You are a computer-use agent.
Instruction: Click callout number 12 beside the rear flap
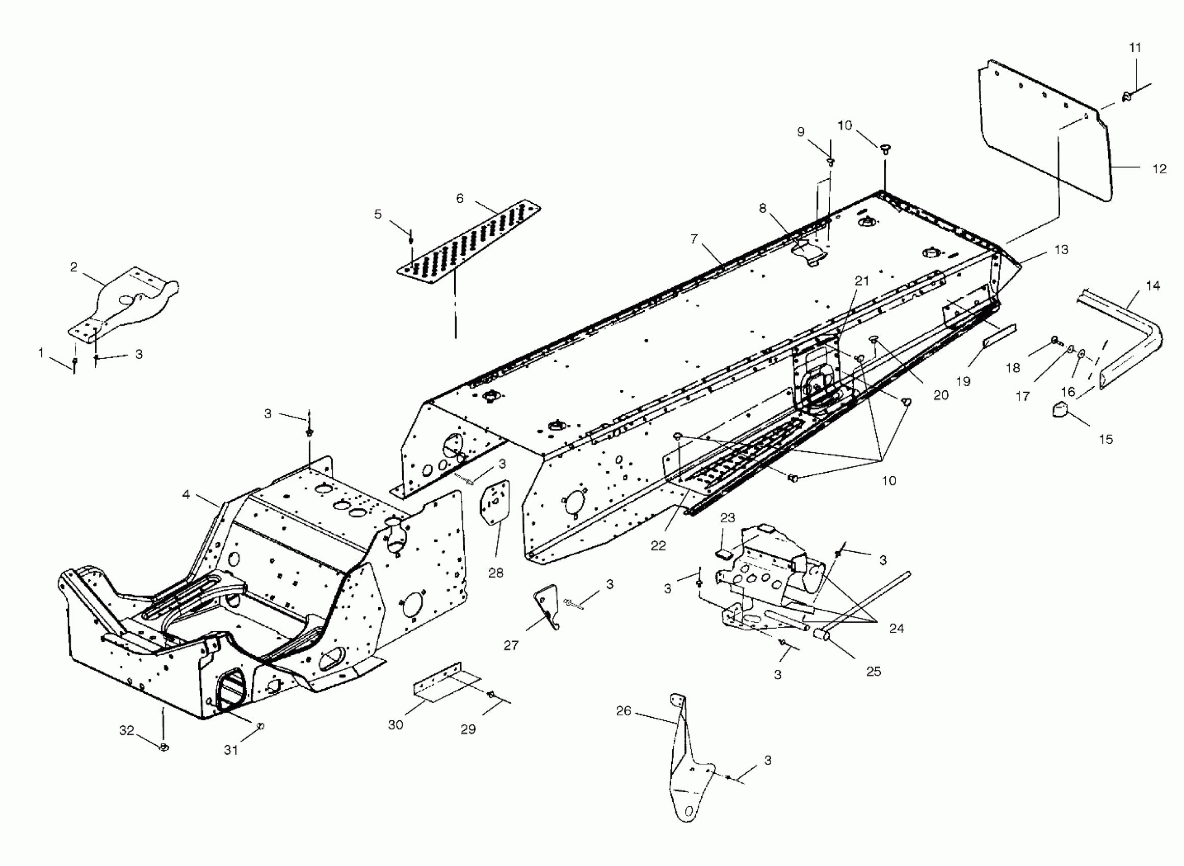click(x=1160, y=169)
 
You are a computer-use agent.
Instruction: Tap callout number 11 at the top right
click(x=1135, y=48)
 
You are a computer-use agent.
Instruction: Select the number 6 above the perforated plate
click(x=460, y=199)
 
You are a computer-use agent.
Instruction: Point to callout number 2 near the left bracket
click(x=74, y=267)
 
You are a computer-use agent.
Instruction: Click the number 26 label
click(x=623, y=711)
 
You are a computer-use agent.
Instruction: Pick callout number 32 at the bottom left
click(x=127, y=731)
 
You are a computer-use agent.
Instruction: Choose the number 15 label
click(x=1106, y=439)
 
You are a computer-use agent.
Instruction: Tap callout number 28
click(x=495, y=573)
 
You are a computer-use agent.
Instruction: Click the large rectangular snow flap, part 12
click(x=1043, y=137)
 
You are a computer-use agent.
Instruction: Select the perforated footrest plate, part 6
click(x=467, y=241)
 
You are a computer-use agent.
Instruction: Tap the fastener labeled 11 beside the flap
click(x=1126, y=96)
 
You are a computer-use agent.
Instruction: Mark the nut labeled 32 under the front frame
click(x=164, y=747)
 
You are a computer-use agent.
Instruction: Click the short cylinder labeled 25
click(x=821, y=635)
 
